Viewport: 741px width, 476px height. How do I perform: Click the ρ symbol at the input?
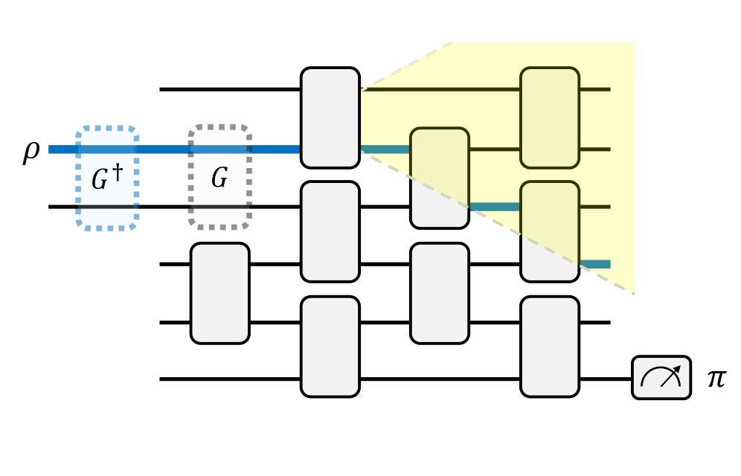tap(31, 152)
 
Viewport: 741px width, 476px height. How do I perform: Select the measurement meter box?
tap(661, 378)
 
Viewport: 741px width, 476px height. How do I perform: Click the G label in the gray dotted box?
tap(219, 179)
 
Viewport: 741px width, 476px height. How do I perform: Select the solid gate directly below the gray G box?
tap(219, 293)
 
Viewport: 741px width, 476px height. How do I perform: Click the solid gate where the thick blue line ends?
tap(330, 118)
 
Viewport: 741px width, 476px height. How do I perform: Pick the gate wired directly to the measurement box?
tap(549, 346)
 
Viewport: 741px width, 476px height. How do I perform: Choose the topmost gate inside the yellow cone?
tap(549, 118)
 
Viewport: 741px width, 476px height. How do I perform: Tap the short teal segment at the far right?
tap(594, 264)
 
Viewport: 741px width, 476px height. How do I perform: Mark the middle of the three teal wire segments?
tap(494, 207)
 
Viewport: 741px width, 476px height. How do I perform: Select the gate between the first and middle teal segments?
tap(439, 178)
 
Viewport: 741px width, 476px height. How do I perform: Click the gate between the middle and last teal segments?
tap(549, 231)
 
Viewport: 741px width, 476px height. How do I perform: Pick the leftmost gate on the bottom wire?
tap(330, 346)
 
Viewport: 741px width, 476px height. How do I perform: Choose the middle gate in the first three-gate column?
tap(330, 231)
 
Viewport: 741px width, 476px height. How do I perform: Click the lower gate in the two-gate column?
tap(439, 293)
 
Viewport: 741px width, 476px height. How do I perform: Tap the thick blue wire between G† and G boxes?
tap(163, 149)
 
